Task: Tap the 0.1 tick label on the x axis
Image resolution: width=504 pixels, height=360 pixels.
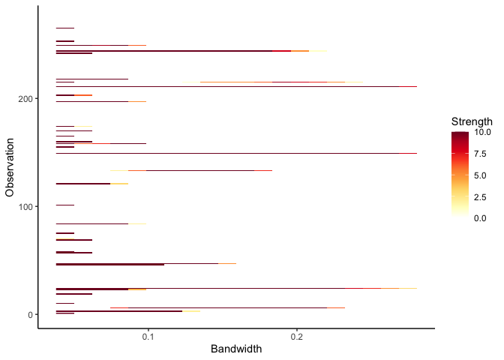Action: coord(148,337)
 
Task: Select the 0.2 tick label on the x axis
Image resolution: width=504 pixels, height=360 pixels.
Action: coord(297,337)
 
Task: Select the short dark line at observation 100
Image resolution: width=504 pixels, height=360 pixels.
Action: coord(65,205)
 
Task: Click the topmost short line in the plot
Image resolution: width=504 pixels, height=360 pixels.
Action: coord(65,28)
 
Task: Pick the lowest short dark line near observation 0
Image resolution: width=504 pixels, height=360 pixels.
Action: coord(65,313)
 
